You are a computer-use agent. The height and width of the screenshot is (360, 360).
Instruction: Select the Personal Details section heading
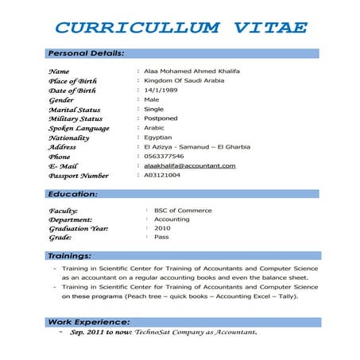click(85, 53)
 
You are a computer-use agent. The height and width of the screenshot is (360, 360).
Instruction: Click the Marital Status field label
click(75, 110)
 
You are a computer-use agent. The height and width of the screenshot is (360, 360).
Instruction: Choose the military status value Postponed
click(161, 118)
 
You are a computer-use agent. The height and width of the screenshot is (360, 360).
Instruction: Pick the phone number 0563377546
click(166, 157)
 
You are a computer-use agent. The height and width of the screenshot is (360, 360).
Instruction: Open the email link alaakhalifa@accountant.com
click(190, 165)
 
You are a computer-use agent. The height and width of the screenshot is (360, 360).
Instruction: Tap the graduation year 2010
click(162, 228)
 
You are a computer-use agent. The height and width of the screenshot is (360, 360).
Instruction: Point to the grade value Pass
click(161, 237)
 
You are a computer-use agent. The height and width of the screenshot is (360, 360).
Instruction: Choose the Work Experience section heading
click(88, 321)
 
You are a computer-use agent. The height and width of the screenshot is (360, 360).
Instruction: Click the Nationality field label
click(69, 137)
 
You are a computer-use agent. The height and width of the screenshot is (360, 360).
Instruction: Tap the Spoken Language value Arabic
click(155, 128)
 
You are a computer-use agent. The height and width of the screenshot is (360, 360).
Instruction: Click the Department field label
click(71, 219)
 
